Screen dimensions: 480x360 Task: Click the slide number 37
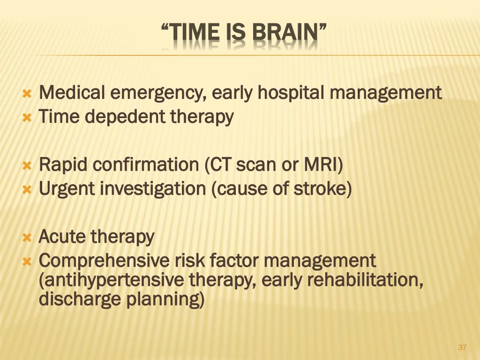[462, 347]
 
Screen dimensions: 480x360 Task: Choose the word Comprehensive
[104, 261]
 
